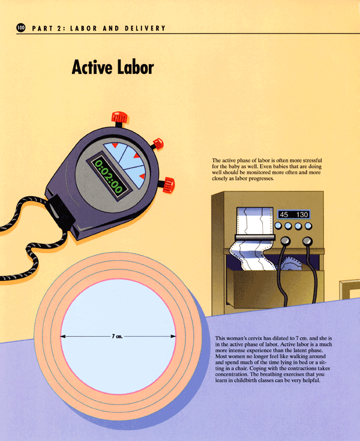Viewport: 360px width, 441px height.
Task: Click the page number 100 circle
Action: pos(21,28)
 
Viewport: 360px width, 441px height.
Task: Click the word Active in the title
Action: pos(92,67)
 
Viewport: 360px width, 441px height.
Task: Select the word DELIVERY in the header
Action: pos(145,28)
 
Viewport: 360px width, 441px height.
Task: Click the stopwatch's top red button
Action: pos(120,117)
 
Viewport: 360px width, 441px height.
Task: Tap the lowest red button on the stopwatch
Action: pos(168,185)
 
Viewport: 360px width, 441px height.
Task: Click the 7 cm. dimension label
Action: pos(117,336)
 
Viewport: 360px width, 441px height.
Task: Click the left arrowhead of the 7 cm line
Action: pos(63,336)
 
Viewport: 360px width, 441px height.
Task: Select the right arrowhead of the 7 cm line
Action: pos(173,336)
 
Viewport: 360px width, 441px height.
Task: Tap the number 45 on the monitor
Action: pos(284,215)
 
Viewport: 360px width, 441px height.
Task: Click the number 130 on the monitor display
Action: pos(302,215)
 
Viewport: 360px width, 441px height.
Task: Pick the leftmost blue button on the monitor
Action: pos(278,226)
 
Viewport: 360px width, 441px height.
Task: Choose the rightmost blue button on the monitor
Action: pos(308,226)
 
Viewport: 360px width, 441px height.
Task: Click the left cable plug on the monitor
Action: pos(286,241)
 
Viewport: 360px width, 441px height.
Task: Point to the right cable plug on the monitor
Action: pos(307,241)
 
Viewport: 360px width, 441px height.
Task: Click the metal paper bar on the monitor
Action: pos(255,238)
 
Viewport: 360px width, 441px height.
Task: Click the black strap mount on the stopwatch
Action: pos(60,211)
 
